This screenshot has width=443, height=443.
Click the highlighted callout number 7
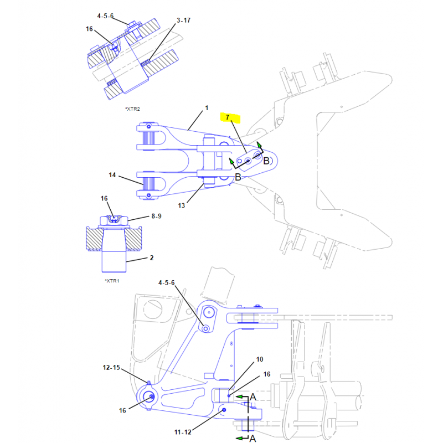point(228,117)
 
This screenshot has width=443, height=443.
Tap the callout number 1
point(207,108)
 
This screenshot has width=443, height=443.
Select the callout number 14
point(112,175)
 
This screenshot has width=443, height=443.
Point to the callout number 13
point(182,205)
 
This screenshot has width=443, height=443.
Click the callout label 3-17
point(184,20)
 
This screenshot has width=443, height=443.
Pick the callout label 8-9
point(156,216)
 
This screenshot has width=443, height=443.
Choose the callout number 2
point(152,257)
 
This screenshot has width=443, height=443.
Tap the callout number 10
point(260,359)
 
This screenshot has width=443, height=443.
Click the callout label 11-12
point(183,432)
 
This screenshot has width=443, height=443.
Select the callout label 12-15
point(111,368)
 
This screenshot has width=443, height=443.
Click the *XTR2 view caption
point(132,109)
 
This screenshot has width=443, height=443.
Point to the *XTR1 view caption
point(112,281)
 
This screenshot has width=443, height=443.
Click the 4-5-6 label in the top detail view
point(105,16)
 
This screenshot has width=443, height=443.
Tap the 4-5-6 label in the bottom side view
point(167,283)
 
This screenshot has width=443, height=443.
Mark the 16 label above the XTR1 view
point(104,199)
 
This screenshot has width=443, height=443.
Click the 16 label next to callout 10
point(267,374)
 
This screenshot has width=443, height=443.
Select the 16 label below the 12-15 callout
point(122,410)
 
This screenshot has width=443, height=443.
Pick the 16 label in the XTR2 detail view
point(89,29)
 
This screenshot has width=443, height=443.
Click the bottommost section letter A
point(253,438)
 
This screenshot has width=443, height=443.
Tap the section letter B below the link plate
point(238,177)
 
